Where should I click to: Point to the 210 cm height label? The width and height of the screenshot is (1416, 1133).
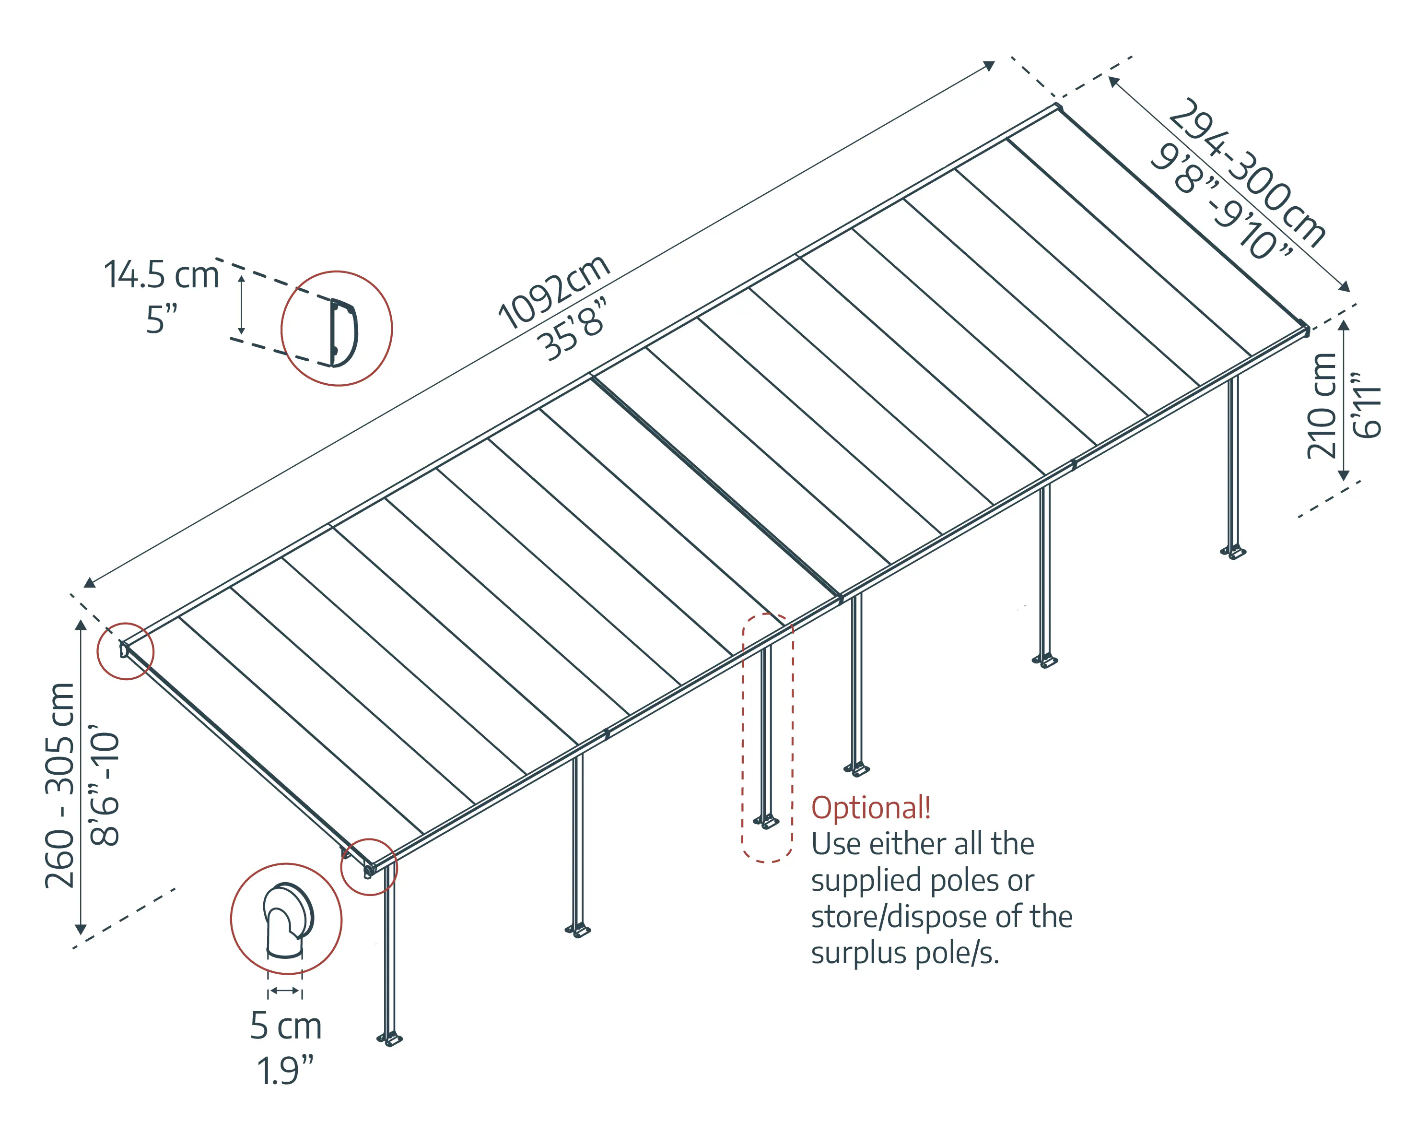click(1322, 405)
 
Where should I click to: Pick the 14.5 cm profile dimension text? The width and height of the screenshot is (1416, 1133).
click(162, 274)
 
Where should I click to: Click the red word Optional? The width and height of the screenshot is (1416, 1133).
click(871, 808)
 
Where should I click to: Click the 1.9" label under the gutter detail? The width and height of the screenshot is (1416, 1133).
click(285, 1071)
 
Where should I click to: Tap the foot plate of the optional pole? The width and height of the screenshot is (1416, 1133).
click(766, 822)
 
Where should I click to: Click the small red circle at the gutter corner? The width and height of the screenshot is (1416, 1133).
click(369, 867)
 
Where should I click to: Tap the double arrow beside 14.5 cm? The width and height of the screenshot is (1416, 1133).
click(241, 305)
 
